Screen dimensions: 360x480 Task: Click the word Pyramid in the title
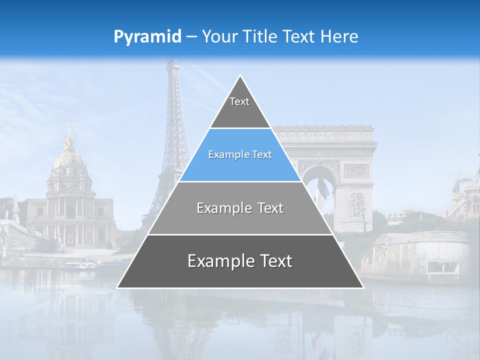[x=147, y=37]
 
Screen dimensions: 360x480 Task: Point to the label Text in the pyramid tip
[x=239, y=101]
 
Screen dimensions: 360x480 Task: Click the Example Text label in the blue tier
[x=240, y=154]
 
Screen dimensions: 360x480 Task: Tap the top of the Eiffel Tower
[x=173, y=63]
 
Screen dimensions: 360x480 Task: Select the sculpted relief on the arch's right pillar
[x=356, y=205]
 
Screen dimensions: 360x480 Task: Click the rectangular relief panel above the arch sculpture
[x=356, y=170]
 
